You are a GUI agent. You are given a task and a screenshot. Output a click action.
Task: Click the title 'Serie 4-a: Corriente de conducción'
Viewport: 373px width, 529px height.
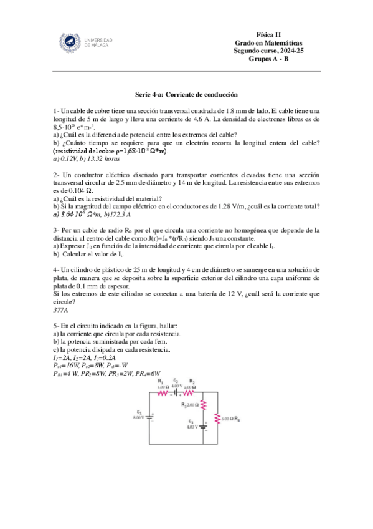pos(186,95)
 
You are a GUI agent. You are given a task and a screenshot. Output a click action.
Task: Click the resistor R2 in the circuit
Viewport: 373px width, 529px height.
pos(192,394)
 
